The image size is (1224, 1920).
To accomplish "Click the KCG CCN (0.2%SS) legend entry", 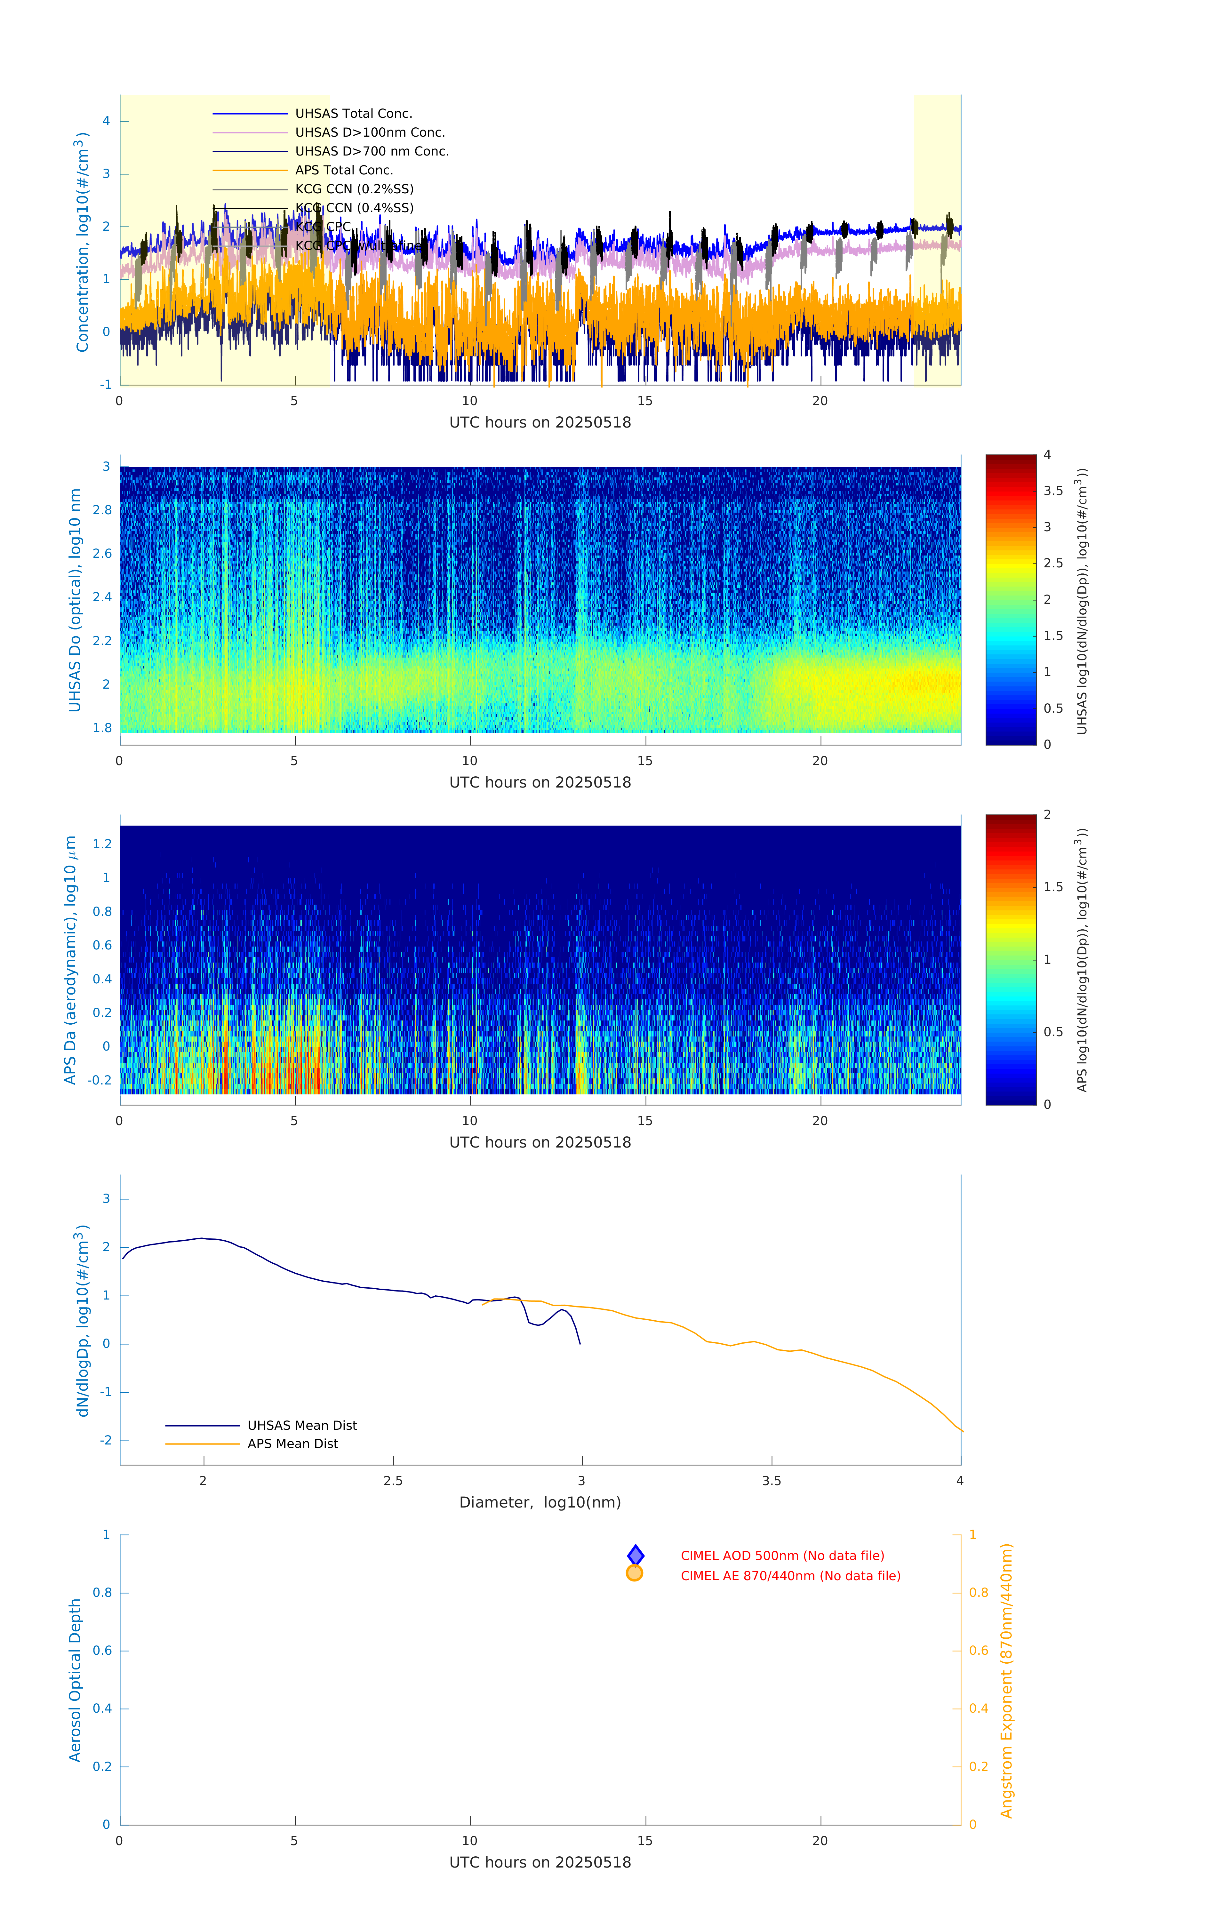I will [x=354, y=189].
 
